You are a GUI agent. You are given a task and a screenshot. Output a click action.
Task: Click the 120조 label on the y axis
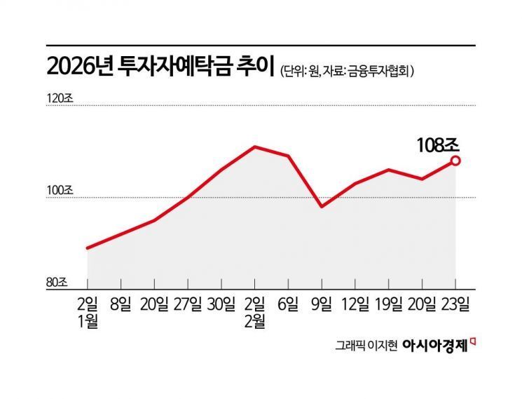click(59, 98)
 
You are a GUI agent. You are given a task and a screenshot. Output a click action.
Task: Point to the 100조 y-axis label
click(59, 190)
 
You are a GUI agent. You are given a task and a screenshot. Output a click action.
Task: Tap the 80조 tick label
click(57, 282)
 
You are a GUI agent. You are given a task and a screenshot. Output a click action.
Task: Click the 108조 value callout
click(437, 145)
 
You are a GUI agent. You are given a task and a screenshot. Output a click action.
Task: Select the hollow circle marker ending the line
click(455, 161)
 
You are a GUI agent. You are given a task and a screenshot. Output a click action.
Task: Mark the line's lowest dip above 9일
click(322, 207)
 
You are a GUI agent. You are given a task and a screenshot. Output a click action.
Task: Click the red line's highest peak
click(254, 147)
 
